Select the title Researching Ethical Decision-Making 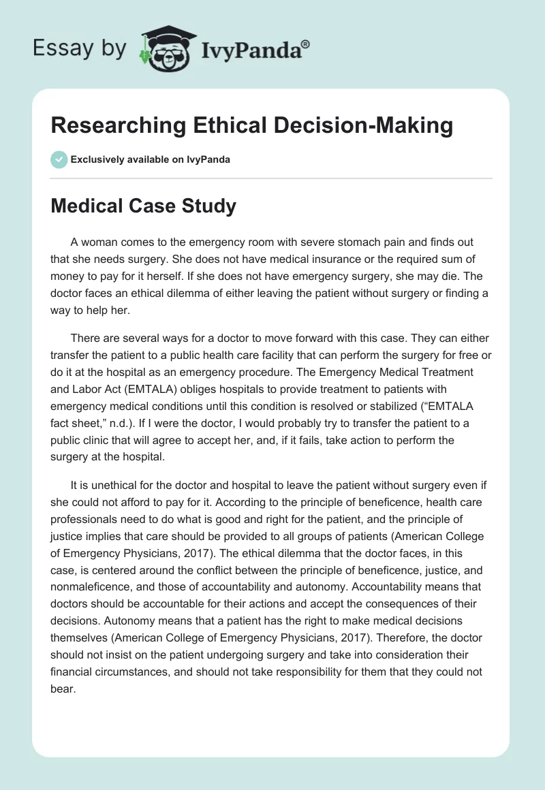[x=251, y=126]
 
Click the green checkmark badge [x=59, y=159]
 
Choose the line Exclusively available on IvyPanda [x=151, y=159]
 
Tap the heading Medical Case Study [x=143, y=206]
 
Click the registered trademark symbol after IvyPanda [x=306, y=45]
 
